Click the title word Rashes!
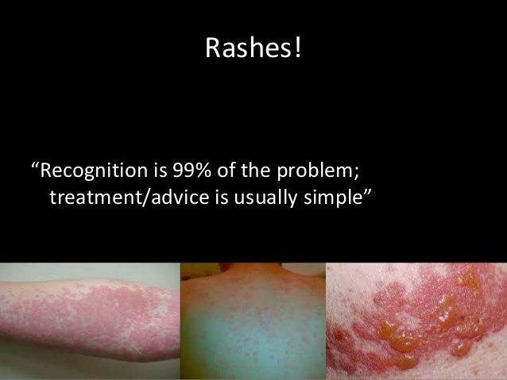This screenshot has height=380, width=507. point(253,48)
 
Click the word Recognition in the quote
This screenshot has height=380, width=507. point(88,171)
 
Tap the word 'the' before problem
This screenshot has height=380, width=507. point(250,170)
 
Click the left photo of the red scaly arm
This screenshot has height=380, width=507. point(89,321)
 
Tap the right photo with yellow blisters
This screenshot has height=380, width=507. point(416,321)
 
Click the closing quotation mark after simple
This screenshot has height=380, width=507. point(368,190)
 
